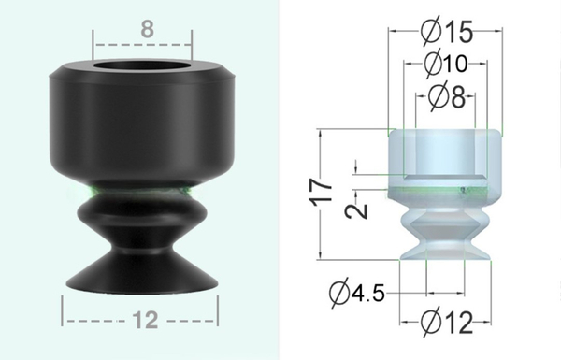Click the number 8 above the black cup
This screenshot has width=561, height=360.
[147, 29]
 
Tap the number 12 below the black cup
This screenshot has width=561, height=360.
[142, 321]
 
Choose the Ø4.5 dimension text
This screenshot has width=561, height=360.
[359, 293]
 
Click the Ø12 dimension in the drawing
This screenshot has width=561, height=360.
[446, 324]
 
